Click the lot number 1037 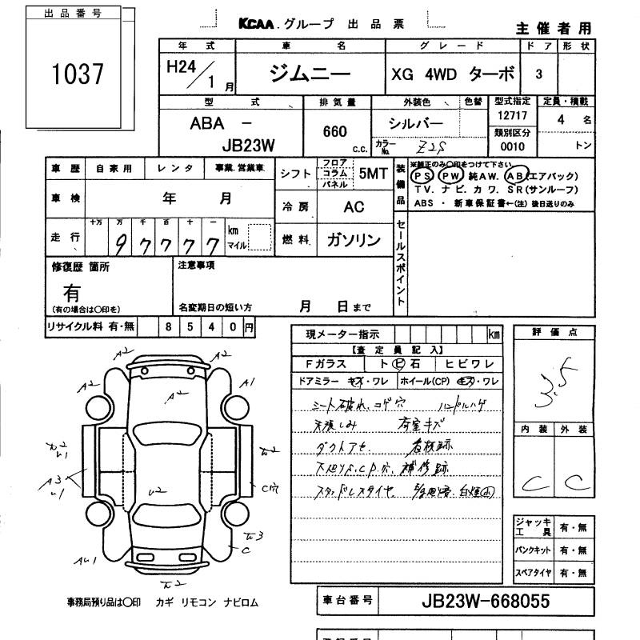coord(78,74)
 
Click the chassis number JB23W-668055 coord(485,601)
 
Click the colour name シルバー coord(415,123)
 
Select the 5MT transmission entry coord(374,173)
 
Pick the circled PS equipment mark coord(420,175)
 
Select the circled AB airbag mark coord(517,175)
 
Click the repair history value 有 coord(71,294)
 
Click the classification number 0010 coord(511,146)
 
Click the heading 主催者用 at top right coord(554,28)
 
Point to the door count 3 coord(538,74)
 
